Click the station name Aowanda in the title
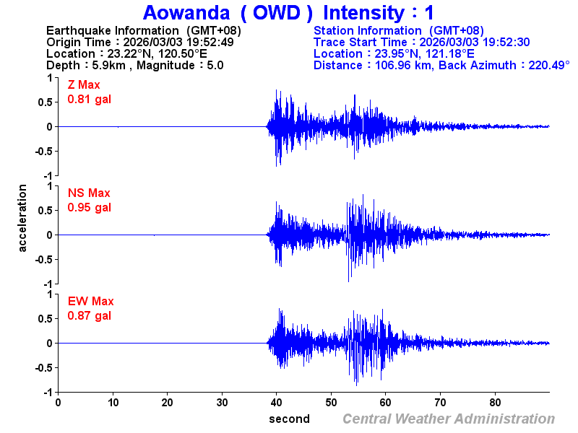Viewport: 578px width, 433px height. pyautogui.click(x=185, y=12)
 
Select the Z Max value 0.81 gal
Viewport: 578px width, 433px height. pyautogui.click(x=90, y=99)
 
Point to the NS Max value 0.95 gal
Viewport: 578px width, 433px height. pyautogui.click(x=90, y=207)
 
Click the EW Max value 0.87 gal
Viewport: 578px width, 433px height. pyautogui.click(x=90, y=315)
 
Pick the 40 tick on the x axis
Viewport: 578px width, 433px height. pyautogui.click(x=277, y=403)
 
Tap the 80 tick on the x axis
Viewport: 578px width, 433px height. pyautogui.click(x=496, y=403)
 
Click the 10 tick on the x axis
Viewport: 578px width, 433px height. pyautogui.click(x=113, y=403)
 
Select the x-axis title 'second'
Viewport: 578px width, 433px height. pyautogui.click(x=289, y=419)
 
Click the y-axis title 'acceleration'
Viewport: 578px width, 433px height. pyautogui.click(x=23, y=218)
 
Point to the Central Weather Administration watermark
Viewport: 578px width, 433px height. pyautogui.click(x=449, y=419)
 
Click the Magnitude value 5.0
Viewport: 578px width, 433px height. pyautogui.click(x=215, y=65)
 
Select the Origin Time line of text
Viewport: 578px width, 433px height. pyautogui.click(x=139, y=42)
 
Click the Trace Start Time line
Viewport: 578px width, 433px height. pyautogui.click(x=422, y=42)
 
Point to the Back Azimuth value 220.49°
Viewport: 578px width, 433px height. pyautogui.click(x=540, y=65)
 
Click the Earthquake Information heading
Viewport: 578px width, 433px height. pyautogui.click(x=143, y=30)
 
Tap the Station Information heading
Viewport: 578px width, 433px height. pyautogui.click(x=399, y=30)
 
